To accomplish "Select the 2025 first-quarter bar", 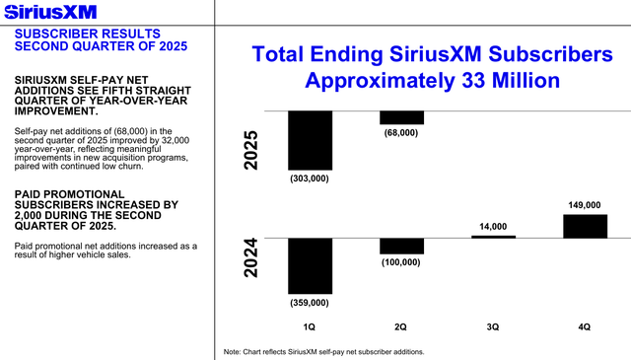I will tap(310, 140).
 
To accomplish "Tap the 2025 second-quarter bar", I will tap(401, 117).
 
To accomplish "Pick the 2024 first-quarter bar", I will tap(310, 265).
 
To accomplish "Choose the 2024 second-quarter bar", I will tap(401, 246).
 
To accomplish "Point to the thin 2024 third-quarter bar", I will tap(493, 237).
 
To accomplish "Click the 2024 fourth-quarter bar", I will tap(585, 226).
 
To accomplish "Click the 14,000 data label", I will tap(493, 226).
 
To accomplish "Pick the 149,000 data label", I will tap(585, 205).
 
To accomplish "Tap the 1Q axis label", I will tap(310, 324).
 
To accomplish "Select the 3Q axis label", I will tap(493, 324).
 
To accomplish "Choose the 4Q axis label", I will tap(585, 324).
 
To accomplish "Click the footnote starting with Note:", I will tap(324, 352).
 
